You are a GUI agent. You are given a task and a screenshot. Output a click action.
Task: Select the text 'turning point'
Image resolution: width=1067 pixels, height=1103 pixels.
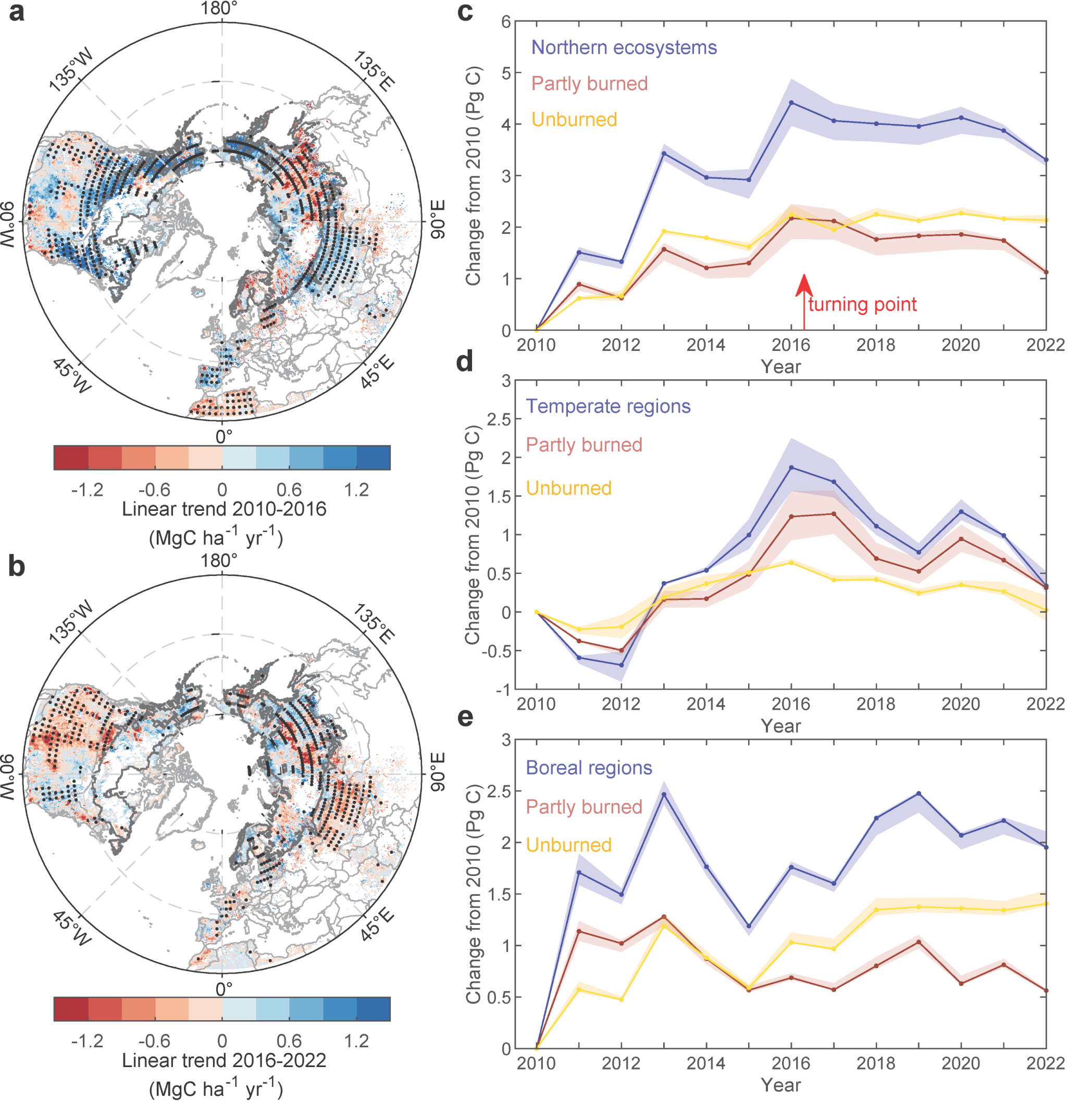tap(862, 305)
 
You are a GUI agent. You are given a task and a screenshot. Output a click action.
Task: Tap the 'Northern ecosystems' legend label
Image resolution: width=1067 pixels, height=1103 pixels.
tap(624, 47)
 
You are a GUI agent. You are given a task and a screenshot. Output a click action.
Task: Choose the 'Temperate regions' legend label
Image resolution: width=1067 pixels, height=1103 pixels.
tap(608, 406)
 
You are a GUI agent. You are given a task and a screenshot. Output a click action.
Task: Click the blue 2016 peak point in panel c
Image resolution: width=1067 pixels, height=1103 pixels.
tap(791, 103)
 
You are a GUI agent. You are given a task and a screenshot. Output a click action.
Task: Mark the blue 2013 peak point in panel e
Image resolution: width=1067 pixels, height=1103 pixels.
tap(664, 794)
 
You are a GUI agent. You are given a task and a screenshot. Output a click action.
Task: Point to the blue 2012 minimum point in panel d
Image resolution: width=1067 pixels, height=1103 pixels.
tap(622, 665)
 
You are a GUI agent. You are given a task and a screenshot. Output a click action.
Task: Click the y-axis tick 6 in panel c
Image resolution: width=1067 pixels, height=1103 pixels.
tap(506, 21)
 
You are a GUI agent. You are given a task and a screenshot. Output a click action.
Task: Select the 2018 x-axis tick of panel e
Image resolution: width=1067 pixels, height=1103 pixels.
tap(876, 1063)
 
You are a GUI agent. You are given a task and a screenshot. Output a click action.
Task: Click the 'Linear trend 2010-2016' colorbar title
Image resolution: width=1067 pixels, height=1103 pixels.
tap(224, 509)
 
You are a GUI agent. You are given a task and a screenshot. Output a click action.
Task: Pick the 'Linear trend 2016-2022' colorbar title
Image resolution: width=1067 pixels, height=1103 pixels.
tap(224, 1060)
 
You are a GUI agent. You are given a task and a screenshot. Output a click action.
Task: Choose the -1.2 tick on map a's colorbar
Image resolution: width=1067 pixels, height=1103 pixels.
tap(88, 490)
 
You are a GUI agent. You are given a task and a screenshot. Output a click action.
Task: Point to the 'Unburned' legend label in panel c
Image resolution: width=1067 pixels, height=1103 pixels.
tap(574, 119)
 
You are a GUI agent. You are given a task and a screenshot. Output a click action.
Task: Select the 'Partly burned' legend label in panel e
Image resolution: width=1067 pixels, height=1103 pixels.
tap(584, 807)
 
